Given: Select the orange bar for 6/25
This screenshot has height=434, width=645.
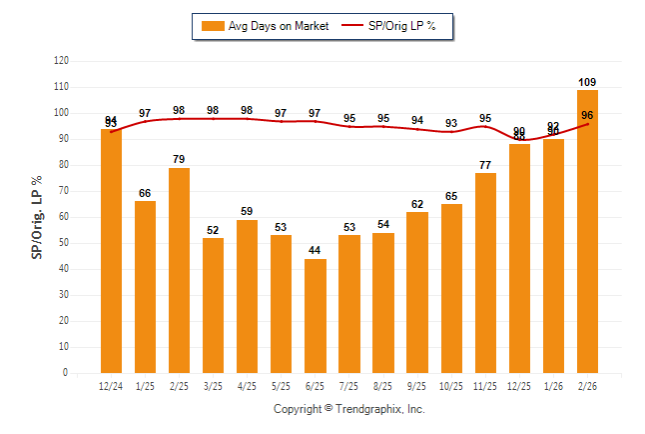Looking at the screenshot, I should point(316,316).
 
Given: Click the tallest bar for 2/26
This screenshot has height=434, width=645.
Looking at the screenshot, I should point(587,231).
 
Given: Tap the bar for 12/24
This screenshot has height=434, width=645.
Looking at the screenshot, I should point(111,251).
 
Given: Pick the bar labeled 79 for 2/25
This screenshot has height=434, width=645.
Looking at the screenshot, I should point(179,270).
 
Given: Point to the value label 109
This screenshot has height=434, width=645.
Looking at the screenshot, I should point(587,82).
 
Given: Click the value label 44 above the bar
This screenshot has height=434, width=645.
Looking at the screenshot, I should point(316,250).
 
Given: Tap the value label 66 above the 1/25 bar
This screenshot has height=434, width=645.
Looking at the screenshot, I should point(145,193).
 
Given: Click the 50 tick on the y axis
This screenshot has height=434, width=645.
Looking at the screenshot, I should point(64,243).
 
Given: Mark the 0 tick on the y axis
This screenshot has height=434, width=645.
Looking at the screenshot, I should point(66,373).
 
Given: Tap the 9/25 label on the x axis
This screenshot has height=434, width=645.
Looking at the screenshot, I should point(417,385).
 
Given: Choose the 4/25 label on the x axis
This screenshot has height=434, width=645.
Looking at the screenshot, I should point(247,385).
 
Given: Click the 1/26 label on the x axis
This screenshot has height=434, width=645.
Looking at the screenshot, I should point(553,385).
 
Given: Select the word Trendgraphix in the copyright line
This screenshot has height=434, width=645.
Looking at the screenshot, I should point(368,409).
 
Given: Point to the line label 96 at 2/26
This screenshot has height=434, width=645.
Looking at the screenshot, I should point(587,115).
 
